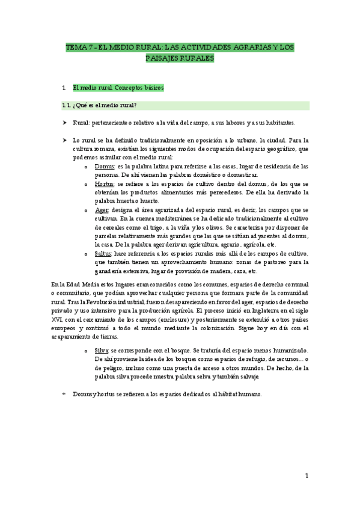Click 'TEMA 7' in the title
point(79,48)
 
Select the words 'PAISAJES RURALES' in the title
point(180,58)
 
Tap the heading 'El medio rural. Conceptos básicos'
point(118,88)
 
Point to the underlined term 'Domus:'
point(106,166)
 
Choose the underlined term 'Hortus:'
point(106,184)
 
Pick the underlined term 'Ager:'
point(103,210)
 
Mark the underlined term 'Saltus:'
point(106,254)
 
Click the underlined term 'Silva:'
point(103,351)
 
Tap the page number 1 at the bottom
point(306,476)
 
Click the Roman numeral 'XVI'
point(57,319)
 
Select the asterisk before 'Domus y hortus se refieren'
point(64,395)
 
